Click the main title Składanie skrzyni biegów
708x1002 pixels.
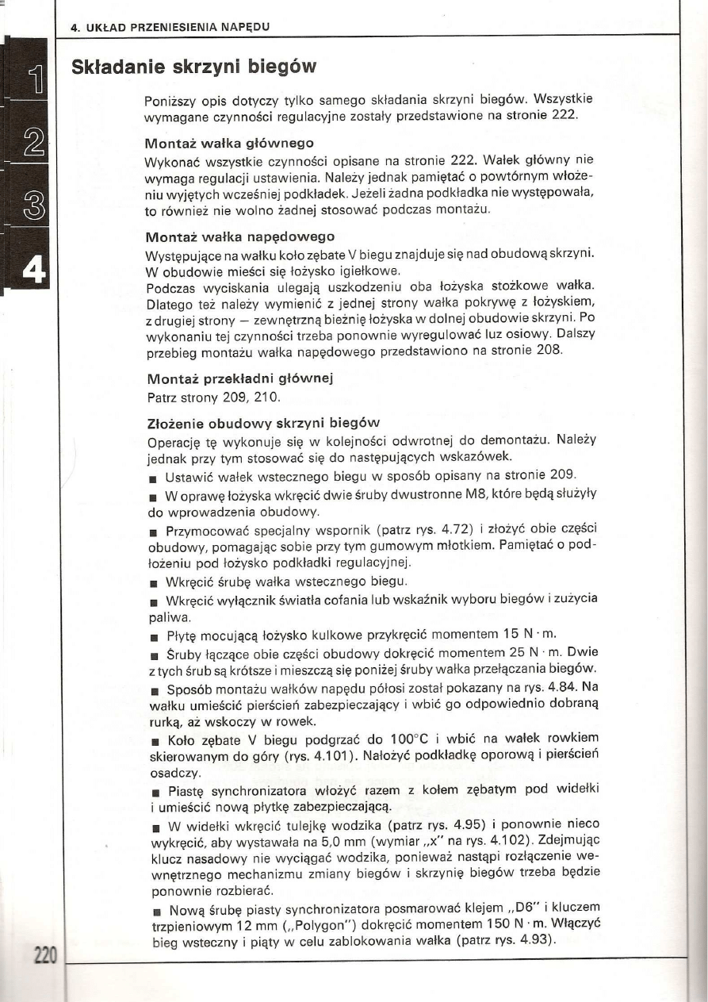(194, 65)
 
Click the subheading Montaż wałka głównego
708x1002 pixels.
(230, 144)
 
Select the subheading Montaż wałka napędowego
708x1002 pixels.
(241, 236)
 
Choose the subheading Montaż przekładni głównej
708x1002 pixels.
(239, 378)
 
